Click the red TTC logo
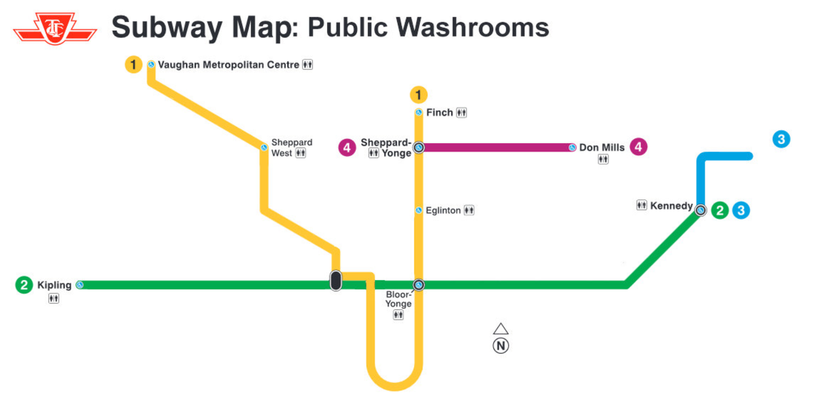pos(54,28)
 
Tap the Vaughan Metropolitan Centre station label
pos(228,65)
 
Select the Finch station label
pos(440,113)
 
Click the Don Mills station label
pos(602,147)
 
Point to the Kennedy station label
pos(671,206)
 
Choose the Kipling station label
pos(54,285)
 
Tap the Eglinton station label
pos(443,210)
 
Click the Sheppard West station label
pos(291,148)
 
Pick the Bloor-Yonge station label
pos(398,299)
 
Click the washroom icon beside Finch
pos(462,113)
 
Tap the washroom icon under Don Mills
pos(603,160)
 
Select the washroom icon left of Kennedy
pos(642,206)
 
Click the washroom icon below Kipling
pos(54,298)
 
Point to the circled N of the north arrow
pos(501,346)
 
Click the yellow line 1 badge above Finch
pos(419,94)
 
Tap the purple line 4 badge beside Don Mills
pos(638,147)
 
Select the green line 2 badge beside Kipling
pos(24,285)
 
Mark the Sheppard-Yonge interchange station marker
pos(419,147)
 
